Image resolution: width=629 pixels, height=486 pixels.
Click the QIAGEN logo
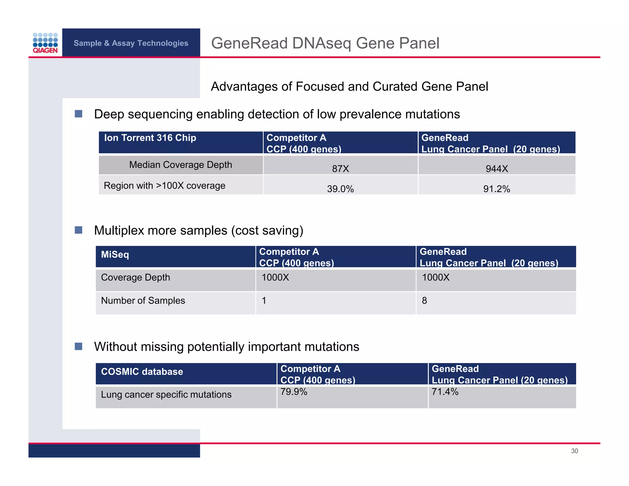[45, 43]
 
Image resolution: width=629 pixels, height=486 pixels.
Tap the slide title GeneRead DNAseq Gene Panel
[325, 43]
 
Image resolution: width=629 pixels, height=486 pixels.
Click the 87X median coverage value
[340, 169]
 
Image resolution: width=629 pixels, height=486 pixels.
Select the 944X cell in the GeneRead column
[497, 169]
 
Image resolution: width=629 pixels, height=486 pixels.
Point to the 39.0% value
[340, 189]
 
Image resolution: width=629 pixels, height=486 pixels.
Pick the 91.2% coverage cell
[497, 189]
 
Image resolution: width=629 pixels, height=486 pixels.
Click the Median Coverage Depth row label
[180, 165]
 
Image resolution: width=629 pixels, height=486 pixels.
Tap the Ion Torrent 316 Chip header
[150, 138]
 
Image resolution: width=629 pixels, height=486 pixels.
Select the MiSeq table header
[115, 255]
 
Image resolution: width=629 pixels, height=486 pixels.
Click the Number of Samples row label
[143, 300]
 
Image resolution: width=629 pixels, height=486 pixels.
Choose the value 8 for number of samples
[424, 300]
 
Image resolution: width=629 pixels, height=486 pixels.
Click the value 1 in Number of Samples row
[264, 300]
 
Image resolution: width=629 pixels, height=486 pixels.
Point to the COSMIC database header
[142, 372]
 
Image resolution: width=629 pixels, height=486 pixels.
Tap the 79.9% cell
[294, 392]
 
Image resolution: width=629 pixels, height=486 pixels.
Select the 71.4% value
[445, 392]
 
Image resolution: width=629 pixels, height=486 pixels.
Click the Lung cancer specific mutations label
[166, 394]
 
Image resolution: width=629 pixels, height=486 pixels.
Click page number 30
[574, 451]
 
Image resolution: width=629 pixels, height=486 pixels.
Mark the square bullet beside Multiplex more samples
[79, 230]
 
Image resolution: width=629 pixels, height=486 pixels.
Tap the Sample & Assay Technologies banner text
[131, 43]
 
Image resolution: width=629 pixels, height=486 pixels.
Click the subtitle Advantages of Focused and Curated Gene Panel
[349, 87]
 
